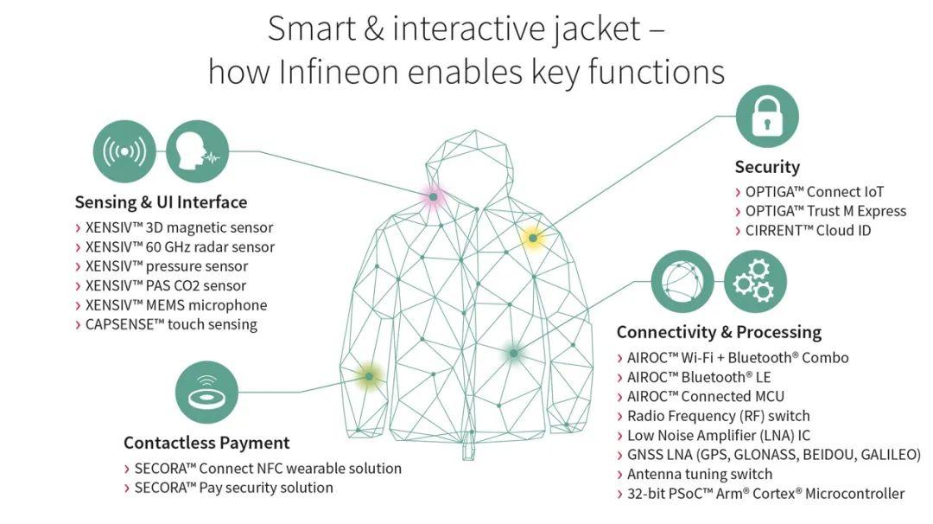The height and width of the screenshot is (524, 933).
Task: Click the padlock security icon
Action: tap(767, 116)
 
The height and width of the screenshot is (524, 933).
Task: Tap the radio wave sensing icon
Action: tap(124, 151)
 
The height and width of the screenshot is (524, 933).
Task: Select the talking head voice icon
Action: tap(197, 151)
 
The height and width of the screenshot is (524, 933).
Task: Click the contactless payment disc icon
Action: tap(206, 393)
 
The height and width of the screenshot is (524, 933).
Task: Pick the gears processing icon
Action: tap(755, 281)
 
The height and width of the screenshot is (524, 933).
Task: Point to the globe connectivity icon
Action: tap(682, 281)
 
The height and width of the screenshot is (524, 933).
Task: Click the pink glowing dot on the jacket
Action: tap(433, 196)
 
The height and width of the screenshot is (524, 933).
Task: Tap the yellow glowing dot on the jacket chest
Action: tap(532, 238)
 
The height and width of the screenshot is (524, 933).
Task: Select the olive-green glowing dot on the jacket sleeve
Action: tap(369, 376)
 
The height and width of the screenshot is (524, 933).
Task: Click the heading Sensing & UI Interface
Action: tap(161, 202)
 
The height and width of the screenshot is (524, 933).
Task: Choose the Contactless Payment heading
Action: tap(206, 443)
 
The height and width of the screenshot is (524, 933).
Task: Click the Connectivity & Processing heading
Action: tap(719, 332)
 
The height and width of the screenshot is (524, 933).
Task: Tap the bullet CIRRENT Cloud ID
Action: tap(803, 231)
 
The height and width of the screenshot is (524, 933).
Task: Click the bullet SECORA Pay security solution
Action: tap(228, 488)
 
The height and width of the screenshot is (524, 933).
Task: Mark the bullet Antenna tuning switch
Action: tap(695, 474)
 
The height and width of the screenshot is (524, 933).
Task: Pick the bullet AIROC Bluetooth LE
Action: tap(694, 377)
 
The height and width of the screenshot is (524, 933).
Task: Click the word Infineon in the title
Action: tap(338, 72)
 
